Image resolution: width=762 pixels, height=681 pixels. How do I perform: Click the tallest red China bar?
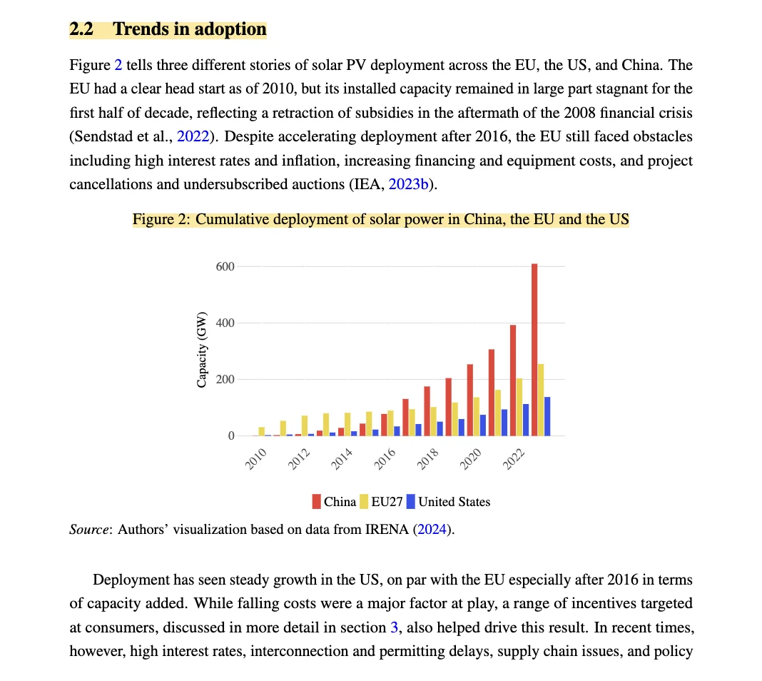pyautogui.click(x=534, y=350)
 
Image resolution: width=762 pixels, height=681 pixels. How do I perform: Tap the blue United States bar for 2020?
pyautogui.click(x=482, y=425)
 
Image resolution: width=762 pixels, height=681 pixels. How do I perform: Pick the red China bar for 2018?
pyautogui.click(x=427, y=410)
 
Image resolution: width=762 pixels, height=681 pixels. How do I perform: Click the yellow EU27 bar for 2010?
pyautogui.click(x=262, y=431)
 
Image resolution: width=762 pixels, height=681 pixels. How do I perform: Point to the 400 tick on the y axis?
pyautogui.click(x=225, y=323)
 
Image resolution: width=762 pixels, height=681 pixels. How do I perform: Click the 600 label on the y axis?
pyautogui.click(x=225, y=267)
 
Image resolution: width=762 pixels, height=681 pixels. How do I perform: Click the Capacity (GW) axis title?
pyautogui.click(x=202, y=350)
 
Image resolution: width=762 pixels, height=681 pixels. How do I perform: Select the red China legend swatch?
pyautogui.click(x=316, y=502)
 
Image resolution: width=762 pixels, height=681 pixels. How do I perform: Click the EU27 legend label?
pyautogui.click(x=387, y=502)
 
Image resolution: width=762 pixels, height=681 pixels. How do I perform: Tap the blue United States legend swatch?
pyautogui.click(x=410, y=502)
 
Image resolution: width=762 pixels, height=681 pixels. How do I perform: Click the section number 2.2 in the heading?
pyautogui.click(x=81, y=29)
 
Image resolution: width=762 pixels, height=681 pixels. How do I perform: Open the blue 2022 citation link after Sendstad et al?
pyautogui.click(x=192, y=137)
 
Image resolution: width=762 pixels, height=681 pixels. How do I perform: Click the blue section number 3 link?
pyautogui.click(x=394, y=627)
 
